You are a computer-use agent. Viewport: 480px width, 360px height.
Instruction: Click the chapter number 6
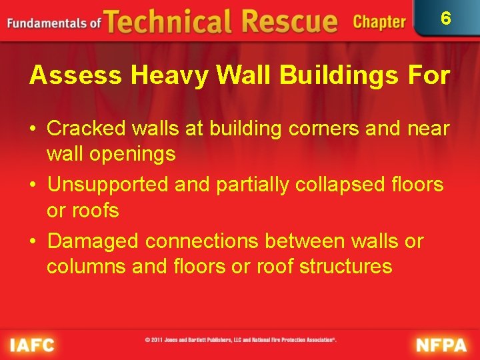pos(446,19)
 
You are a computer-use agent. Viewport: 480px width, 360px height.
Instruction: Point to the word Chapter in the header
pos(379,22)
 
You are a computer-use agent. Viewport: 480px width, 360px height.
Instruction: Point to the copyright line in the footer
pos(241,339)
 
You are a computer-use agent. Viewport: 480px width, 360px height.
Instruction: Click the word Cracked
pos(87,128)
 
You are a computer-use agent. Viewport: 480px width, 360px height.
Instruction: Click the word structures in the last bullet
pos(345,267)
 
